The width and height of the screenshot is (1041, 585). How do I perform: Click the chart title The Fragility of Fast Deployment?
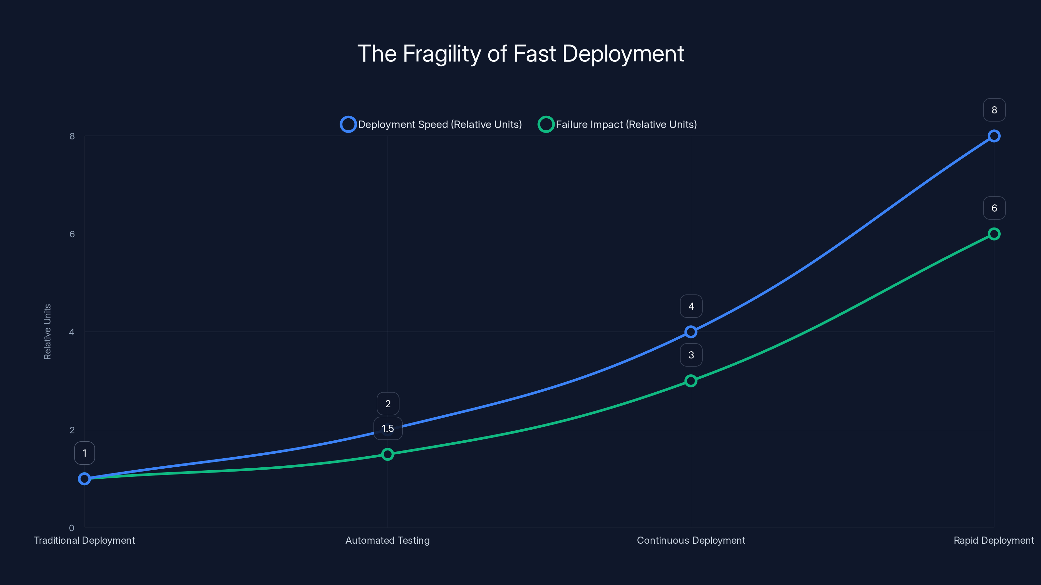(520, 54)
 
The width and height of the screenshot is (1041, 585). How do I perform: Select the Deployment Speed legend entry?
(431, 124)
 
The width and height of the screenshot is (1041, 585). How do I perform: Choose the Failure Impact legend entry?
(617, 124)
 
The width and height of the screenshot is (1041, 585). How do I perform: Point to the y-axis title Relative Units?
(47, 331)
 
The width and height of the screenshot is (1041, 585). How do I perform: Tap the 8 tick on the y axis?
(72, 136)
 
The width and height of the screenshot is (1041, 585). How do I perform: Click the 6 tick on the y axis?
(72, 234)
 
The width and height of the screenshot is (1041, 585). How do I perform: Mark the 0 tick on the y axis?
(72, 528)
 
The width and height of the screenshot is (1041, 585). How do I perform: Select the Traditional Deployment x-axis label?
(85, 540)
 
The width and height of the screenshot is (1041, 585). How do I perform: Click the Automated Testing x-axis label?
(387, 540)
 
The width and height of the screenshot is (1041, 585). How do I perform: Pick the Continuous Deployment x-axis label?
(691, 540)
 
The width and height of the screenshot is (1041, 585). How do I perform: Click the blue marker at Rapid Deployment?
(994, 136)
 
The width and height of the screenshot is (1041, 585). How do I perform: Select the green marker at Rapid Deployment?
(994, 234)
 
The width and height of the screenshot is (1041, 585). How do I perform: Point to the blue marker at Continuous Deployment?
(691, 332)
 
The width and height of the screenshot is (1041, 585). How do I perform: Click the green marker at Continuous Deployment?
(691, 381)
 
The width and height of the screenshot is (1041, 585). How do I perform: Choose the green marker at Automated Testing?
(387, 454)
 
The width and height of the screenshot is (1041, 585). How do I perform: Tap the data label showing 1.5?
(387, 428)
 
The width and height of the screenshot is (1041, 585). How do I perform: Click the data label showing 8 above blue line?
(994, 110)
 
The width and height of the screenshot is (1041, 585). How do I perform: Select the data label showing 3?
(691, 355)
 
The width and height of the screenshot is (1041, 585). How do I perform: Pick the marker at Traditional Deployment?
(85, 479)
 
